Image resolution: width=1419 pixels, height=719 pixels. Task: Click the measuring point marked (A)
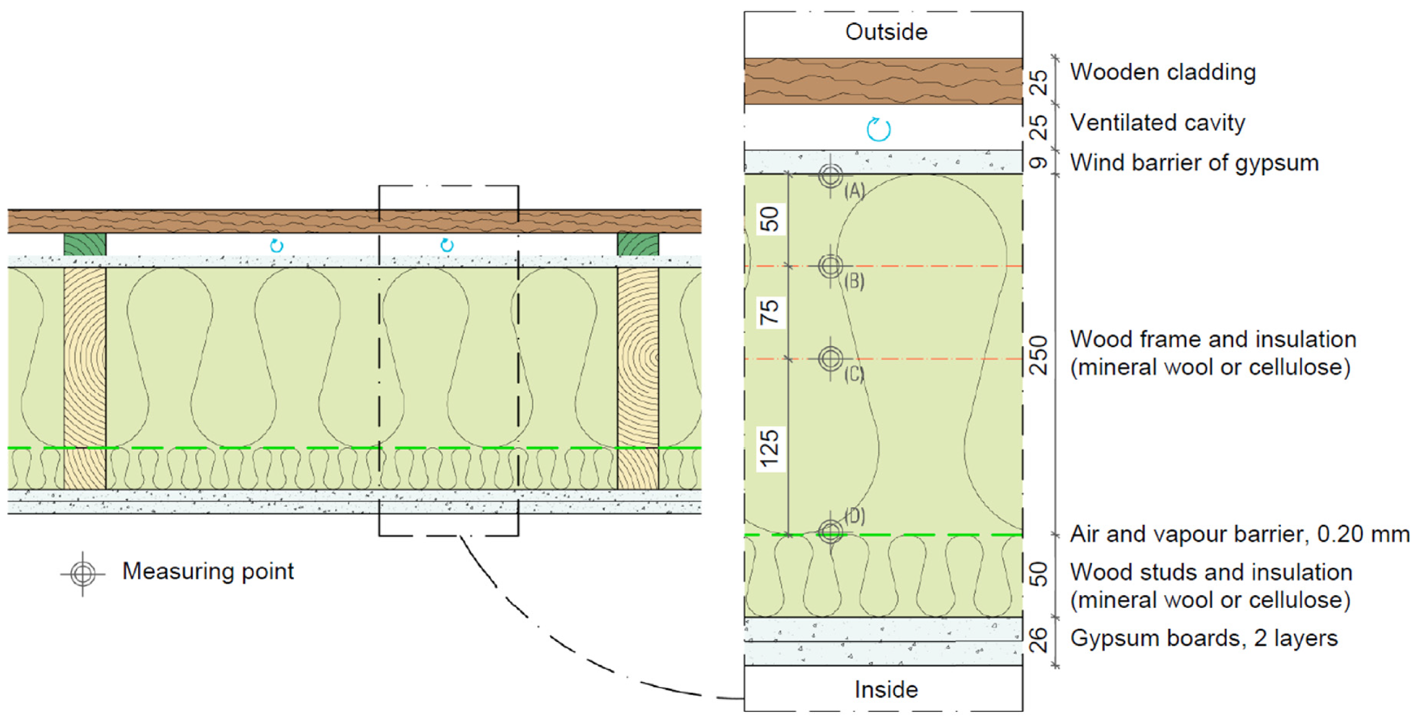click(x=831, y=175)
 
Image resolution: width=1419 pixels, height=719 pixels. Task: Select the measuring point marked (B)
click(x=831, y=266)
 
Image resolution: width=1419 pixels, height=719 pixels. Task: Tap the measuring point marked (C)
click(x=831, y=359)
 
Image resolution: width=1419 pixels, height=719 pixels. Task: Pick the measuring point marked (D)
click(x=831, y=532)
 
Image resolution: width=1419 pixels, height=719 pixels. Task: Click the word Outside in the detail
click(x=886, y=32)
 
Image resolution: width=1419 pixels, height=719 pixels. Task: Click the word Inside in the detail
click(x=886, y=689)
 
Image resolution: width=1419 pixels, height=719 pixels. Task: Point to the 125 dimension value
click(x=770, y=449)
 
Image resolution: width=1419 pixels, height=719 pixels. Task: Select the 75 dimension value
click(x=770, y=312)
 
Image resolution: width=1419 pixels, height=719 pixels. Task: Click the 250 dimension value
click(x=1039, y=355)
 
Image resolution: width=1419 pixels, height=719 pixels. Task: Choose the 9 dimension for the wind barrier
click(x=1039, y=162)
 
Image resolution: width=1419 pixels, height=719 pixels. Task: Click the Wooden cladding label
click(x=1162, y=72)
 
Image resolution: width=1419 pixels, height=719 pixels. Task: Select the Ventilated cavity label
click(x=1157, y=123)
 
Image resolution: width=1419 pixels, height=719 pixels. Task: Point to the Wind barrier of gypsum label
click(x=1194, y=163)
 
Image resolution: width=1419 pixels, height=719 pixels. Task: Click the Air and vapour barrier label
click(x=1239, y=534)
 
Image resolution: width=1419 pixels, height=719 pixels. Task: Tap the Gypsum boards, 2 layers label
click(x=1203, y=639)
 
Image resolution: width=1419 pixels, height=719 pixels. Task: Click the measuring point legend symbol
click(x=83, y=573)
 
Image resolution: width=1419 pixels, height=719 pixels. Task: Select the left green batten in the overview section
click(x=85, y=244)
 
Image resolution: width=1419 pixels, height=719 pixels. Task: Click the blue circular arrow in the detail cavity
click(x=879, y=129)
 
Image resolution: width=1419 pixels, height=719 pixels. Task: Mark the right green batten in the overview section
click(x=638, y=244)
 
